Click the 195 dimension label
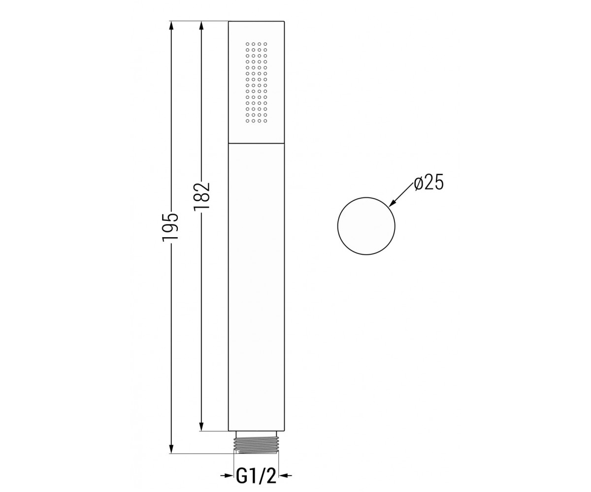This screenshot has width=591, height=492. point(170,227)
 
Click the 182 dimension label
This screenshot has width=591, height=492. point(201,196)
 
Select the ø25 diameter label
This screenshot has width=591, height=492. point(428,184)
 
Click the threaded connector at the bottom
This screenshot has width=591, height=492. point(256,450)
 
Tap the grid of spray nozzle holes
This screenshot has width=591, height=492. point(256,83)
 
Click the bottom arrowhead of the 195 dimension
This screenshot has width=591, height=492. point(171,455)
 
